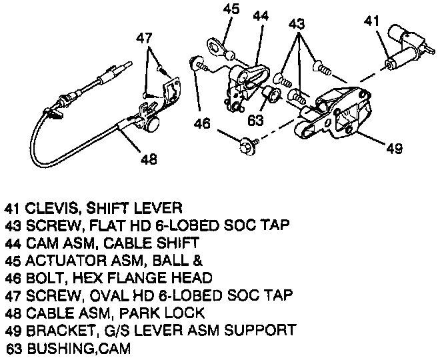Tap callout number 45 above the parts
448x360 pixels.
click(x=231, y=9)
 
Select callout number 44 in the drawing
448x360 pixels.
click(x=261, y=16)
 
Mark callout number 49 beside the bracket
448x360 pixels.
click(x=393, y=147)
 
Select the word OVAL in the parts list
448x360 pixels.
click(x=97, y=294)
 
